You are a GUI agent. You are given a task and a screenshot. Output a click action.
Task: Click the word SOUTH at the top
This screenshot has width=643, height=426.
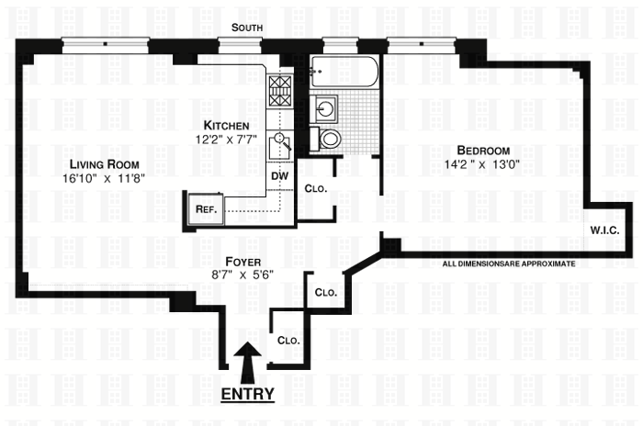coord(247,28)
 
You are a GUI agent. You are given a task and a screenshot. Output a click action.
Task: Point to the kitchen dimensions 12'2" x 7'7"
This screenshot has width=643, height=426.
coord(227,140)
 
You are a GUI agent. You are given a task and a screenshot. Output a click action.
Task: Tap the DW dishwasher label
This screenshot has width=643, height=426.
coord(279,174)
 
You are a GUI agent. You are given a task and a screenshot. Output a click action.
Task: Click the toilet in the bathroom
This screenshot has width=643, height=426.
coord(329,139)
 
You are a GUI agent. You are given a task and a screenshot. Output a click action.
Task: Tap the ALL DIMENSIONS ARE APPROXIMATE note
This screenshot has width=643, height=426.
coord(508,263)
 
